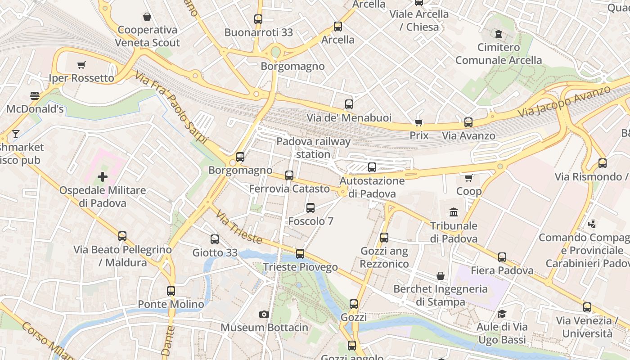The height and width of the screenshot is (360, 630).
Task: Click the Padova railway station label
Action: coord(313,148)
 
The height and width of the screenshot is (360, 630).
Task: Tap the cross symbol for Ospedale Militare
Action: coord(103,177)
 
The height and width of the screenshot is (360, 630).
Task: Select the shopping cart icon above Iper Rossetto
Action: coord(81,65)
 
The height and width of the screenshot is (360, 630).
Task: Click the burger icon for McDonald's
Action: coord(35,96)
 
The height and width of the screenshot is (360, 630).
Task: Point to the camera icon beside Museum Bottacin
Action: coord(264,315)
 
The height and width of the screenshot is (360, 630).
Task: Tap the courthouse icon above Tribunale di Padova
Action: coord(454,212)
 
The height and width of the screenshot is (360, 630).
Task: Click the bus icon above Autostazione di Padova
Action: coord(372,167)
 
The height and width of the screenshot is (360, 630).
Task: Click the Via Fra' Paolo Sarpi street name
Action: coord(171,108)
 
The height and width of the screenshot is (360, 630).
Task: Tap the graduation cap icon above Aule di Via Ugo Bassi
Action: coord(502,314)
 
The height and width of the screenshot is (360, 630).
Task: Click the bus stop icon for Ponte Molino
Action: coord(171,291)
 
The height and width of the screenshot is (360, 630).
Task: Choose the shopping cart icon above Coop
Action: coord(468,178)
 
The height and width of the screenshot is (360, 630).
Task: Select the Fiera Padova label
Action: coord(502,270)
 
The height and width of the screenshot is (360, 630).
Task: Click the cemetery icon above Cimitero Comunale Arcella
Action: coord(499,34)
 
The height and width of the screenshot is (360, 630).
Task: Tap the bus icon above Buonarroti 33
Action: coord(258,19)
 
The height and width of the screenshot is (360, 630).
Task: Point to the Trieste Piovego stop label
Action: coord(300,267)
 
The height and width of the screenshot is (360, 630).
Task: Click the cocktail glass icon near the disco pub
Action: coord(16,134)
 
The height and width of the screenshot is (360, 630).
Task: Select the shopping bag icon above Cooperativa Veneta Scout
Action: coord(147,17)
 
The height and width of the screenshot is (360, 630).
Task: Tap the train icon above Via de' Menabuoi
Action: coord(349,104)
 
